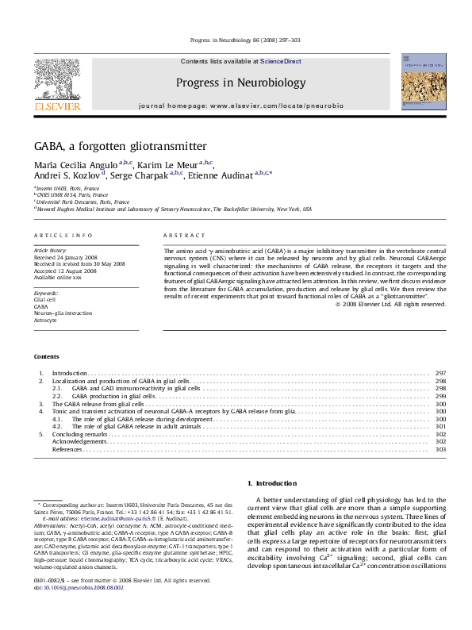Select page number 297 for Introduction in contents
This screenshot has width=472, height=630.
pos(440,372)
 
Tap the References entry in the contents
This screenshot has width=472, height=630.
pos(67,450)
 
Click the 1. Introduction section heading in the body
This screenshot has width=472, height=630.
pos(272,483)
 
